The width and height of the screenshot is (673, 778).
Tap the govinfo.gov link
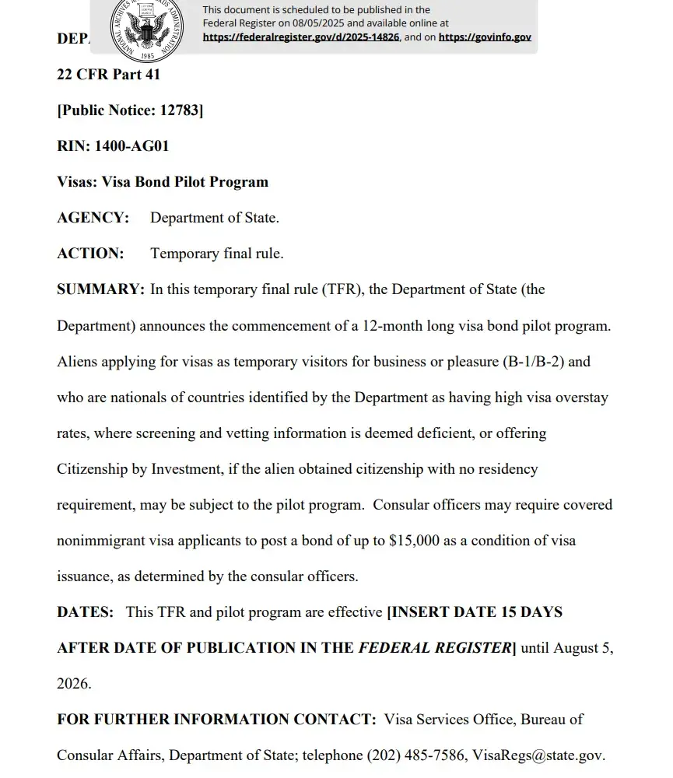485,37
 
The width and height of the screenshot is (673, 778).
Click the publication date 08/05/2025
318,23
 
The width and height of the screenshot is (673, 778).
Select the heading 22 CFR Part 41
108,75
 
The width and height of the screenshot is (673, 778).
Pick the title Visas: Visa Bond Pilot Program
163,182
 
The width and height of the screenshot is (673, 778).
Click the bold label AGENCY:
93,218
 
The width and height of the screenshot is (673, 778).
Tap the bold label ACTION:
90,254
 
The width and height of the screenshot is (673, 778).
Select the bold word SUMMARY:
100,289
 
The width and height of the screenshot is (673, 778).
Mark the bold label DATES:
86,612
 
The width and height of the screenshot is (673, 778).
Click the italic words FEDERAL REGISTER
433,648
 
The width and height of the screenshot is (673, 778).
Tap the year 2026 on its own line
74,684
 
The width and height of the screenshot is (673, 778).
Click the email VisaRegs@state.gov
537,755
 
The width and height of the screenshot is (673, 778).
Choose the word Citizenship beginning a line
95,469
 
